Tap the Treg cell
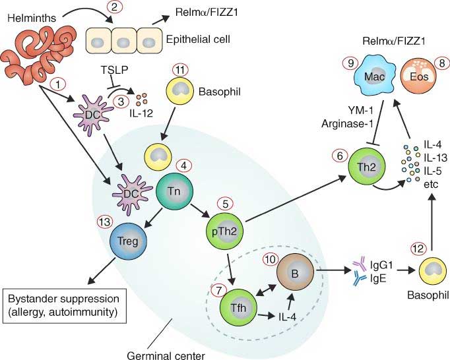coord(127,241)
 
